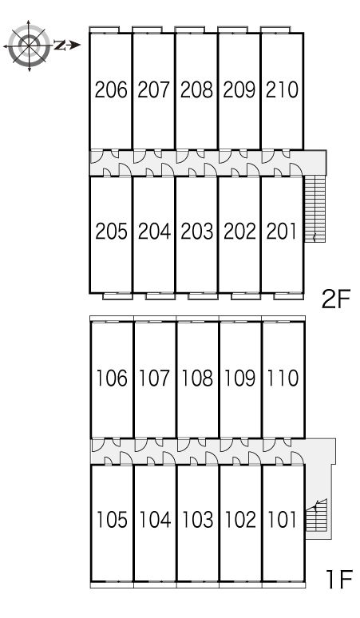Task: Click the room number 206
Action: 112,90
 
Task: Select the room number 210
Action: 282,90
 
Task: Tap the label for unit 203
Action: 197,232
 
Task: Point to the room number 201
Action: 281,232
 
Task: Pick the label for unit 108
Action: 197,378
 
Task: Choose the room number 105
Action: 113,520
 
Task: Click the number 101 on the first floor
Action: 282,520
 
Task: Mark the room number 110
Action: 283,378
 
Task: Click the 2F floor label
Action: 336,300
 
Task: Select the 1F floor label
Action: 338,580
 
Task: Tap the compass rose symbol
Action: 30,46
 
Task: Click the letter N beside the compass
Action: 60,46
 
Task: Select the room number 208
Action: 196,90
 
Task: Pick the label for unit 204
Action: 154,232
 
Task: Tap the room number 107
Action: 154,378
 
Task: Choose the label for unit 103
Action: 197,520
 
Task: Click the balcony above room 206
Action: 105,30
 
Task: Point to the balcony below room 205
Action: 117,296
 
